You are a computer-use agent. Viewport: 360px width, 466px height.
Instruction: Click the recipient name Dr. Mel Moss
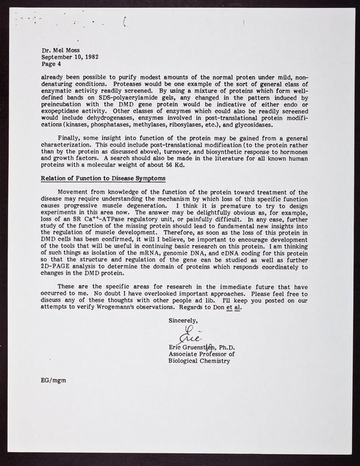coord(61,51)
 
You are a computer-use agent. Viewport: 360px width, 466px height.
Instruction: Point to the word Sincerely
coord(183,321)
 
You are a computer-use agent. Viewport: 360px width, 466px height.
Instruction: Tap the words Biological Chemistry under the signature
coord(198,361)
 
